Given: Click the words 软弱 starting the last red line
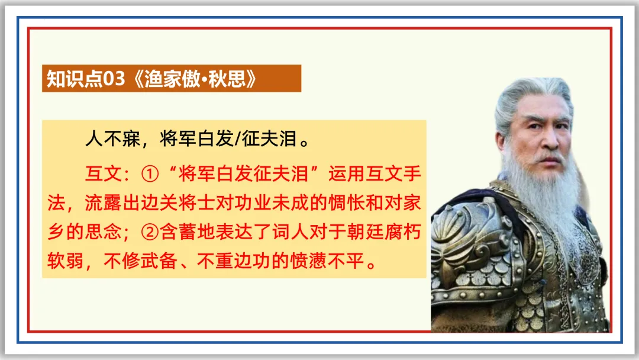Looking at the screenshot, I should point(62,261).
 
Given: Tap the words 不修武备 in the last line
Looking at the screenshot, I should point(137,261).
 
